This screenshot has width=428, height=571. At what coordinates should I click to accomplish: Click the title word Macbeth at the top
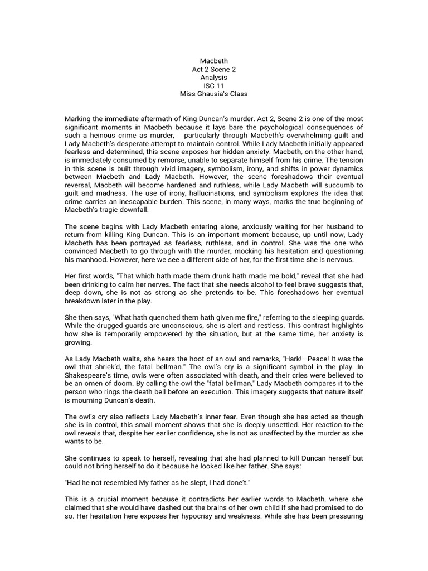(213, 61)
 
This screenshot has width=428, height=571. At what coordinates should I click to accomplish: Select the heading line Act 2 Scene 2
(213, 69)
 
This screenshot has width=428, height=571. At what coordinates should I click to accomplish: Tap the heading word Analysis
(213, 78)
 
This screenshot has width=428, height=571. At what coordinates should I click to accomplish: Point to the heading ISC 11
(213, 86)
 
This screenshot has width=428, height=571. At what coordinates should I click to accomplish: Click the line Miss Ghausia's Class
(213, 94)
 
